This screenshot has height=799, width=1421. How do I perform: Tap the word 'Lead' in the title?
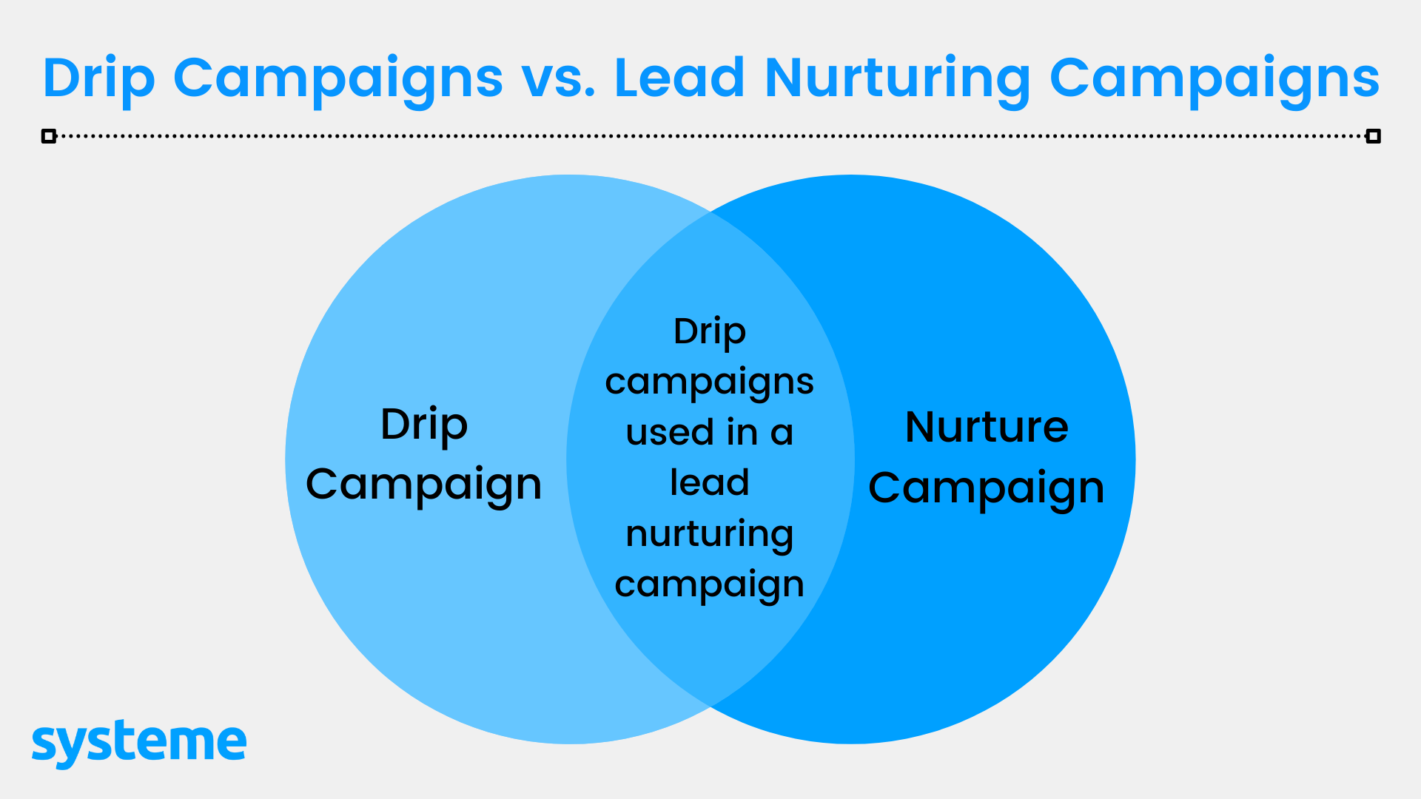pyautogui.click(x=679, y=77)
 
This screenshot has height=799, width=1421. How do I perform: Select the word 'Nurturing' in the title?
pyautogui.click(x=897, y=81)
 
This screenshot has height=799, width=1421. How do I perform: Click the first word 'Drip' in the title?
pyautogui.click(x=99, y=81)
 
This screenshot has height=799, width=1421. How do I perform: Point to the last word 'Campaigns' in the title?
pyautogui.click(x=1215, y=81)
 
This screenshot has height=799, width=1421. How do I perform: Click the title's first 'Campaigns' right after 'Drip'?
pyautogui.click(x=338, y=81)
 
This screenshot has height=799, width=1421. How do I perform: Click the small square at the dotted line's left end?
pyautogui.click(x=49, y=136)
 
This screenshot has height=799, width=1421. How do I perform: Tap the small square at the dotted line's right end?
pyautogui.click(x=1373, y=136)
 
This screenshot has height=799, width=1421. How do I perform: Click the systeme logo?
pyautogui.click(x=139, y=744)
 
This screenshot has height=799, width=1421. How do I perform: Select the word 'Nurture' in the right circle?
pyautogui.click(x=987, y=428)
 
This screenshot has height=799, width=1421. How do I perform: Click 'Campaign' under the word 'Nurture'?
pyautogui.click(x=987, y=489)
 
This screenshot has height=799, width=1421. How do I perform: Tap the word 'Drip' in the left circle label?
pyautogui.click(x=424, y=425)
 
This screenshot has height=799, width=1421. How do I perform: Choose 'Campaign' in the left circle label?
pyautogui.click(x=424, y=485)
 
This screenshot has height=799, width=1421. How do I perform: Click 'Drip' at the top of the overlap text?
pyautogui.click(x=710, y=331)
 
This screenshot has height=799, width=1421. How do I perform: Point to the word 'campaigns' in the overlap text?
pyautogui.click(x=710, y=383)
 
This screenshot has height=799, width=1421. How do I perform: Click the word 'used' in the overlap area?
pyautogui.click(x=671, y=432)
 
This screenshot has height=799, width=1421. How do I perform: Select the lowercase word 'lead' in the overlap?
pyautogui.click(x=710, y=482)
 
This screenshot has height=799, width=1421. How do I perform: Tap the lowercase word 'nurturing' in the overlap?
pyautogui.click(x=710, y=535)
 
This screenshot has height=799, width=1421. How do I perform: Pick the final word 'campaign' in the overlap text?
pyautogui.click(x=710, y=586)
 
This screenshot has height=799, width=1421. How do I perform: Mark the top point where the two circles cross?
pyautogui.click(x=710, y=212)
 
